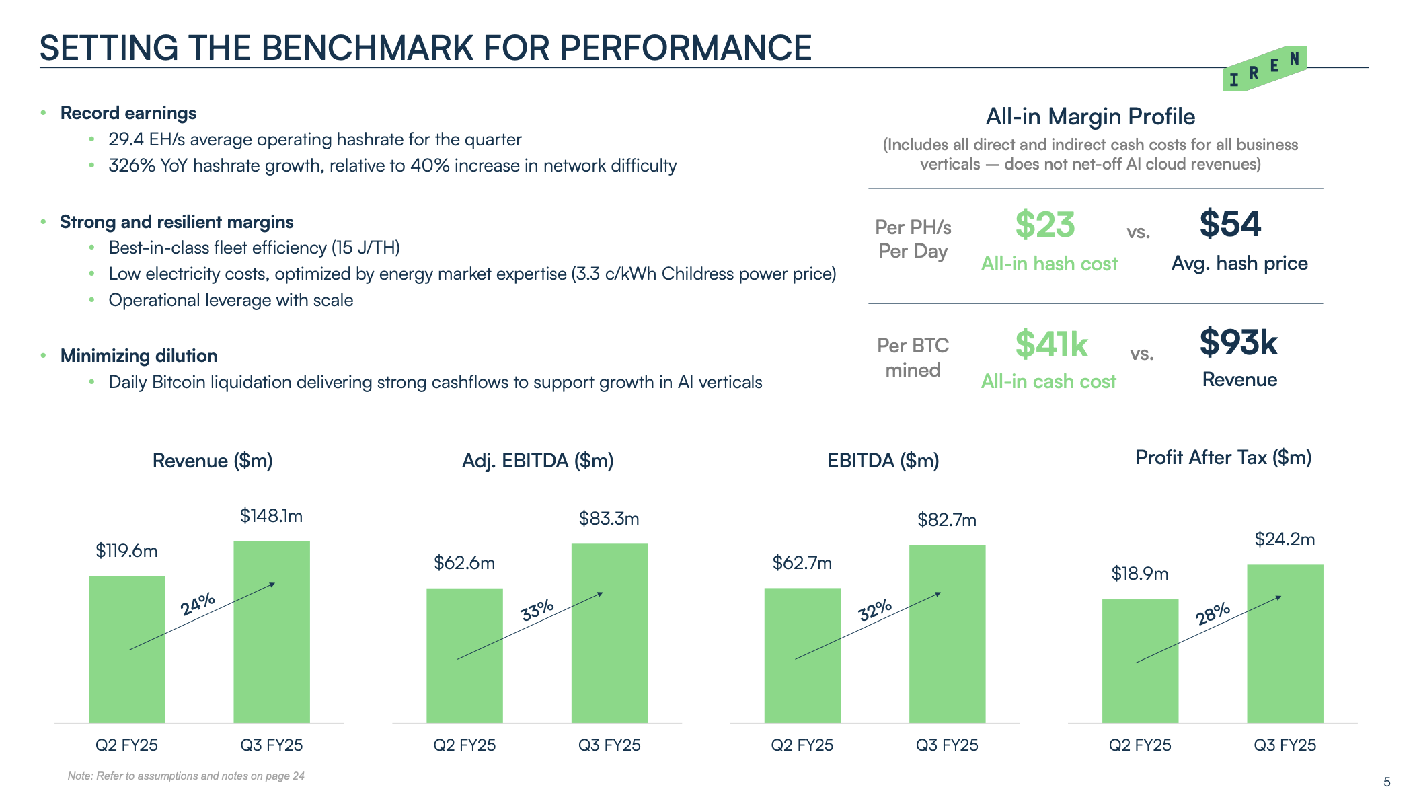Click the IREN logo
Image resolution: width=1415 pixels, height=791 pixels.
[1264, 69]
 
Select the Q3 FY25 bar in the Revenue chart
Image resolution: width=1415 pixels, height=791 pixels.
[272, 632]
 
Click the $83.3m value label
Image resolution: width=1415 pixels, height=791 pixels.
[609, 519]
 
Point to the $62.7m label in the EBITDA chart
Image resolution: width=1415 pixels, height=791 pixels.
[802, 563]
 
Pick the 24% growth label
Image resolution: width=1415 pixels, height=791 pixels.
[198, 603]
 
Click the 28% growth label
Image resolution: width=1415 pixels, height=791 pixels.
[1213, 613]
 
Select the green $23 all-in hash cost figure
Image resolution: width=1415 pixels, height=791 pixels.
[1045, 225]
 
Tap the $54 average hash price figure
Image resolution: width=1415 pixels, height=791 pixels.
[1230, 224]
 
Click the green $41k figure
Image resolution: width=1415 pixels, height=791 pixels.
[1051, 344]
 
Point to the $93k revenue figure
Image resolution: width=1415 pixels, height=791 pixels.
[1238, 342]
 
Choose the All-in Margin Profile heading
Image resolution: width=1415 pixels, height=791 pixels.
[1090, 117]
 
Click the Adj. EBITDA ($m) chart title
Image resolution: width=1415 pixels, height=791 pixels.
[537, 461]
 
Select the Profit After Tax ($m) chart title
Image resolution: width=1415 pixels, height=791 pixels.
[1223, 457]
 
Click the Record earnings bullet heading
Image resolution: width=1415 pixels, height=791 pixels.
[128, 113]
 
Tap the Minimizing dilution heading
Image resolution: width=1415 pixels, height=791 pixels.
[139, 356]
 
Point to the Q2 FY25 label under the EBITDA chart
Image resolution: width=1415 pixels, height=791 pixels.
[802, 745]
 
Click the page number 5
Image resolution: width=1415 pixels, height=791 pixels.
[1387, 782]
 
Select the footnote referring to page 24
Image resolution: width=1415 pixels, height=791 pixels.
[186, 776]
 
